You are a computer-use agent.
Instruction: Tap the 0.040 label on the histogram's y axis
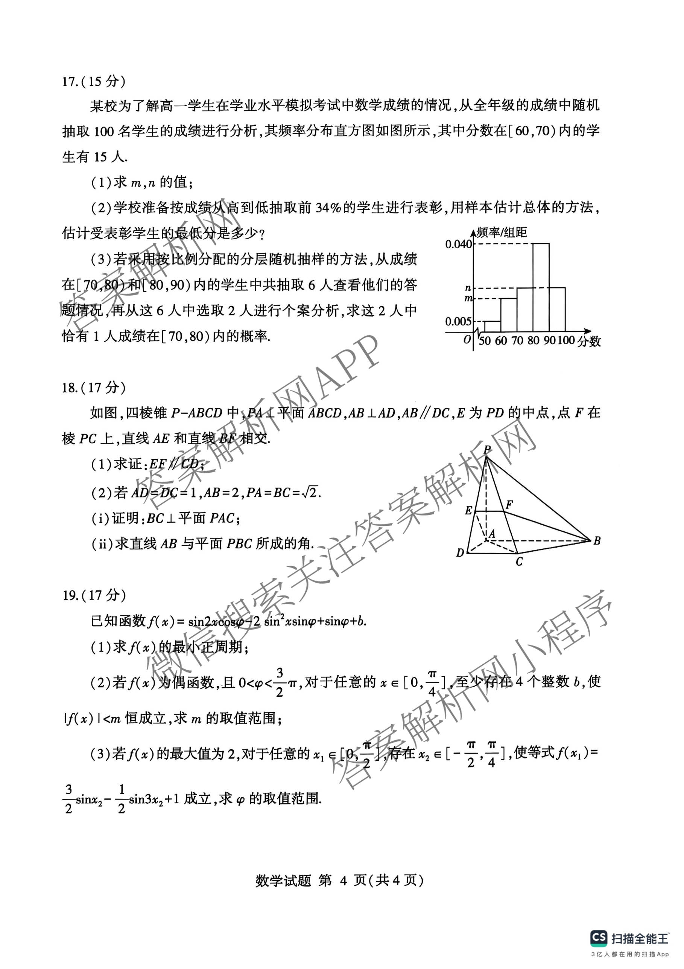click(x=459, y=244)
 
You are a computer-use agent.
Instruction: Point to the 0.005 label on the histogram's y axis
click(x=458, y=322)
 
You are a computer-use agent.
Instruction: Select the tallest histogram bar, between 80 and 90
click(x=541, y=287)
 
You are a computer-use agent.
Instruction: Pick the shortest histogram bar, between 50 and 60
click(x=492, y=326)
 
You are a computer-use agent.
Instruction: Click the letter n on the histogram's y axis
click(x=468, y=288)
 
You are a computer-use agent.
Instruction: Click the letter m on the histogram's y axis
click(x=468, y=299)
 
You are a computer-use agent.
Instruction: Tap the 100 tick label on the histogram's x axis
click(x=566, y=340)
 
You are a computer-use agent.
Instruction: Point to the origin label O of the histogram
click(x=467, y=340)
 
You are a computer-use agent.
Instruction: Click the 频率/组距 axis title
click(x=502, y=232)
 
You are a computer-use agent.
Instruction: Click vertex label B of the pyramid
click(x=597, y=541)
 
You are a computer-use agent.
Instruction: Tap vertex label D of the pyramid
click(x=460, y=553)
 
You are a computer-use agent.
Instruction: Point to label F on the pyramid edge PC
click(x=509, y=504)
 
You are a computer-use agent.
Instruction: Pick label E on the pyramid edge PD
click(x=468, y=511)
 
